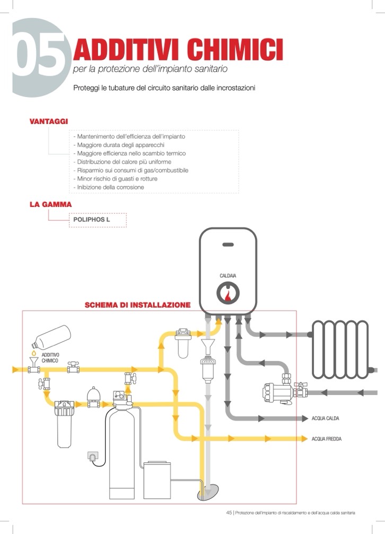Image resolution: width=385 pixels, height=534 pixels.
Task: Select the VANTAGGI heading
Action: [x=48, y=121]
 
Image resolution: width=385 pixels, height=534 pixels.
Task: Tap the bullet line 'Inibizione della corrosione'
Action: [x=110, y=187]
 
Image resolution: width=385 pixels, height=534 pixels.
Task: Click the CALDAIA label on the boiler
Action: [x=227, y=276]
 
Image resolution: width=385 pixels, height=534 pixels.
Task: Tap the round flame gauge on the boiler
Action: [x=227, y=294]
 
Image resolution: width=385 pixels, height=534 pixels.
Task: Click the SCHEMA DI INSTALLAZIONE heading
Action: [x=137, y=305]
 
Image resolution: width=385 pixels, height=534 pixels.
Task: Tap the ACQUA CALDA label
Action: [x=325, y=418]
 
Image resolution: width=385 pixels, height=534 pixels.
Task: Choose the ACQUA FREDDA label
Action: [x=327, y=439]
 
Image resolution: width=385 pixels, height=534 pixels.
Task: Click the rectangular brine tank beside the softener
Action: [x=163, y=479]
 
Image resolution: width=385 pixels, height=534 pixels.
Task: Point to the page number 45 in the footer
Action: [x=229, y=513]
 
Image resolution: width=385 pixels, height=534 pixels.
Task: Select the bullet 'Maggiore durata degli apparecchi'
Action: [x=121, y=145]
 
